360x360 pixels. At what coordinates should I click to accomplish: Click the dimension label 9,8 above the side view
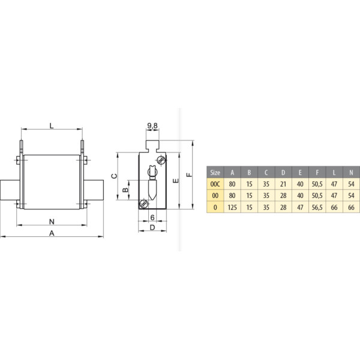pos(152,125)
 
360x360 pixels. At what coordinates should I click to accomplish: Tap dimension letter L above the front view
pos(52,125)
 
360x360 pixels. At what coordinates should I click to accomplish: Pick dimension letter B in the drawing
pos(125,190)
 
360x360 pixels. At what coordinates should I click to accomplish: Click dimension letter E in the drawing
pos(175,180)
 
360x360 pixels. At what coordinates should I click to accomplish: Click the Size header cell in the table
pos(215,172)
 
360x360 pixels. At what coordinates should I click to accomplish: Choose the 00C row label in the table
pos(215,184)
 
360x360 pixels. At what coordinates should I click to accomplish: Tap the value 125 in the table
pos(232,207)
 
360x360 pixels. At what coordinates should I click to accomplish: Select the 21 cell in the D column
pos(283,184)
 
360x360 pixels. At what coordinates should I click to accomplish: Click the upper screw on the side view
pos(160,160)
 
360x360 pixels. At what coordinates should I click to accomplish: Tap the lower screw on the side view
pos(144,203)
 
